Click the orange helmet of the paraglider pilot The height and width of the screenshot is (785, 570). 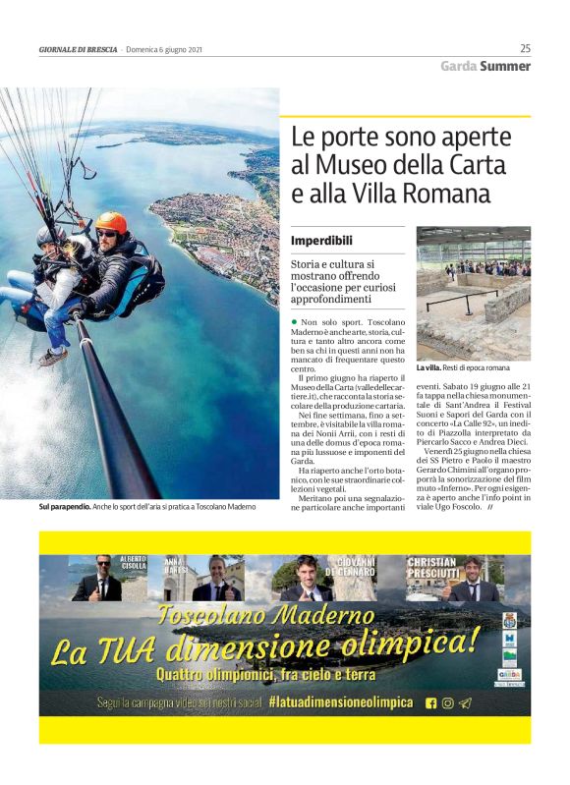111,221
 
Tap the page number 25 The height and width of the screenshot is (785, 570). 525,48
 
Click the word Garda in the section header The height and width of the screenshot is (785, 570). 458,67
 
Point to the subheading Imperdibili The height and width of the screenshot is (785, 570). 321,241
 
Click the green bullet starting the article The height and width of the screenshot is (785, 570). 294,322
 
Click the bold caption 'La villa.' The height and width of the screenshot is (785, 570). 428,367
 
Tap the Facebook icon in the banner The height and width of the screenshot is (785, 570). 430,702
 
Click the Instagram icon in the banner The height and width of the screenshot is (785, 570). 448,702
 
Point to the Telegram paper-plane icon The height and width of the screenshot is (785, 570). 466,702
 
